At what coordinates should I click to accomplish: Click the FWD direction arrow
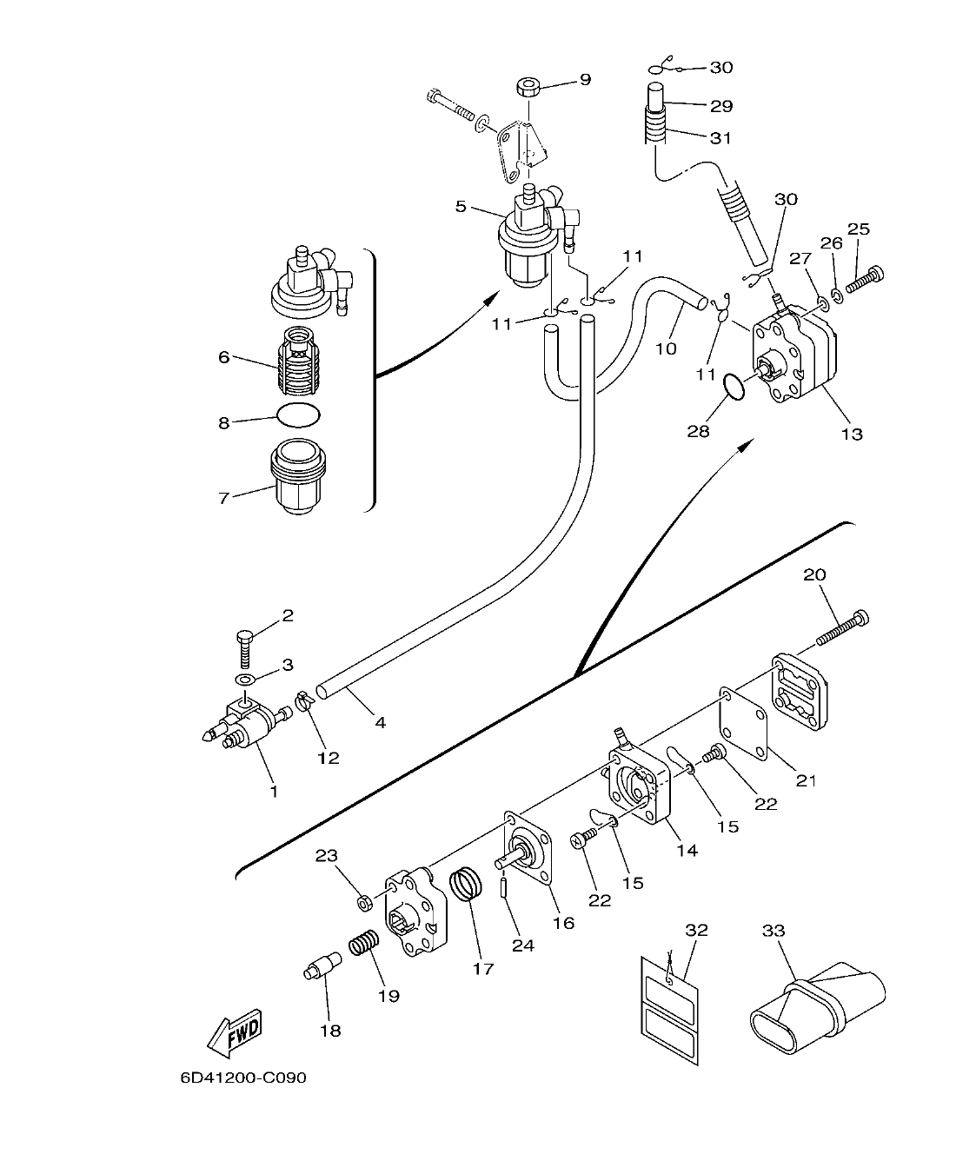pos(235,1032)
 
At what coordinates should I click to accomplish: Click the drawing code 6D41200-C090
pos(243,1078)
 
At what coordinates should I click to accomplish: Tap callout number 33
pos(773,931)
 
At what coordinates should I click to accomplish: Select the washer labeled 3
pos(246,678)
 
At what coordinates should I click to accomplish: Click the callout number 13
pos(852,433)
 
